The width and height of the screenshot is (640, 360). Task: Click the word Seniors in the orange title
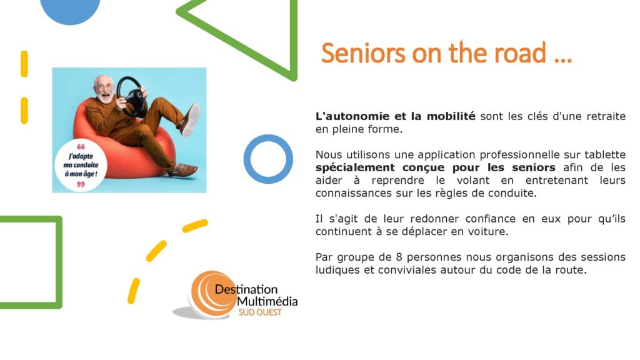[x=363, y=53]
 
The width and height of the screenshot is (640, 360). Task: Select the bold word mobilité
[x=451, y=116]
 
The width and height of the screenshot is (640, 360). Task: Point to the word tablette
[x=605, y=155]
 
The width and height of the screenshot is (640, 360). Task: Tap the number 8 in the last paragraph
[x=399, y=257]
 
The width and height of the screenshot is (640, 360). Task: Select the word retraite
[x=606, y=116]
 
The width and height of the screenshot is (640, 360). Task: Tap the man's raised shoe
[x=190, y=120]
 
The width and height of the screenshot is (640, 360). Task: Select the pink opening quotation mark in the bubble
[x=81, y=146]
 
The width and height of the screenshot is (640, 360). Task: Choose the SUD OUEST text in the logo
[x=259, y=312]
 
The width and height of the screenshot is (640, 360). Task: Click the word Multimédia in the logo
[x=267, y=302]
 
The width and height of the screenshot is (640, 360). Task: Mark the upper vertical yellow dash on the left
[x=24, y=64]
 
